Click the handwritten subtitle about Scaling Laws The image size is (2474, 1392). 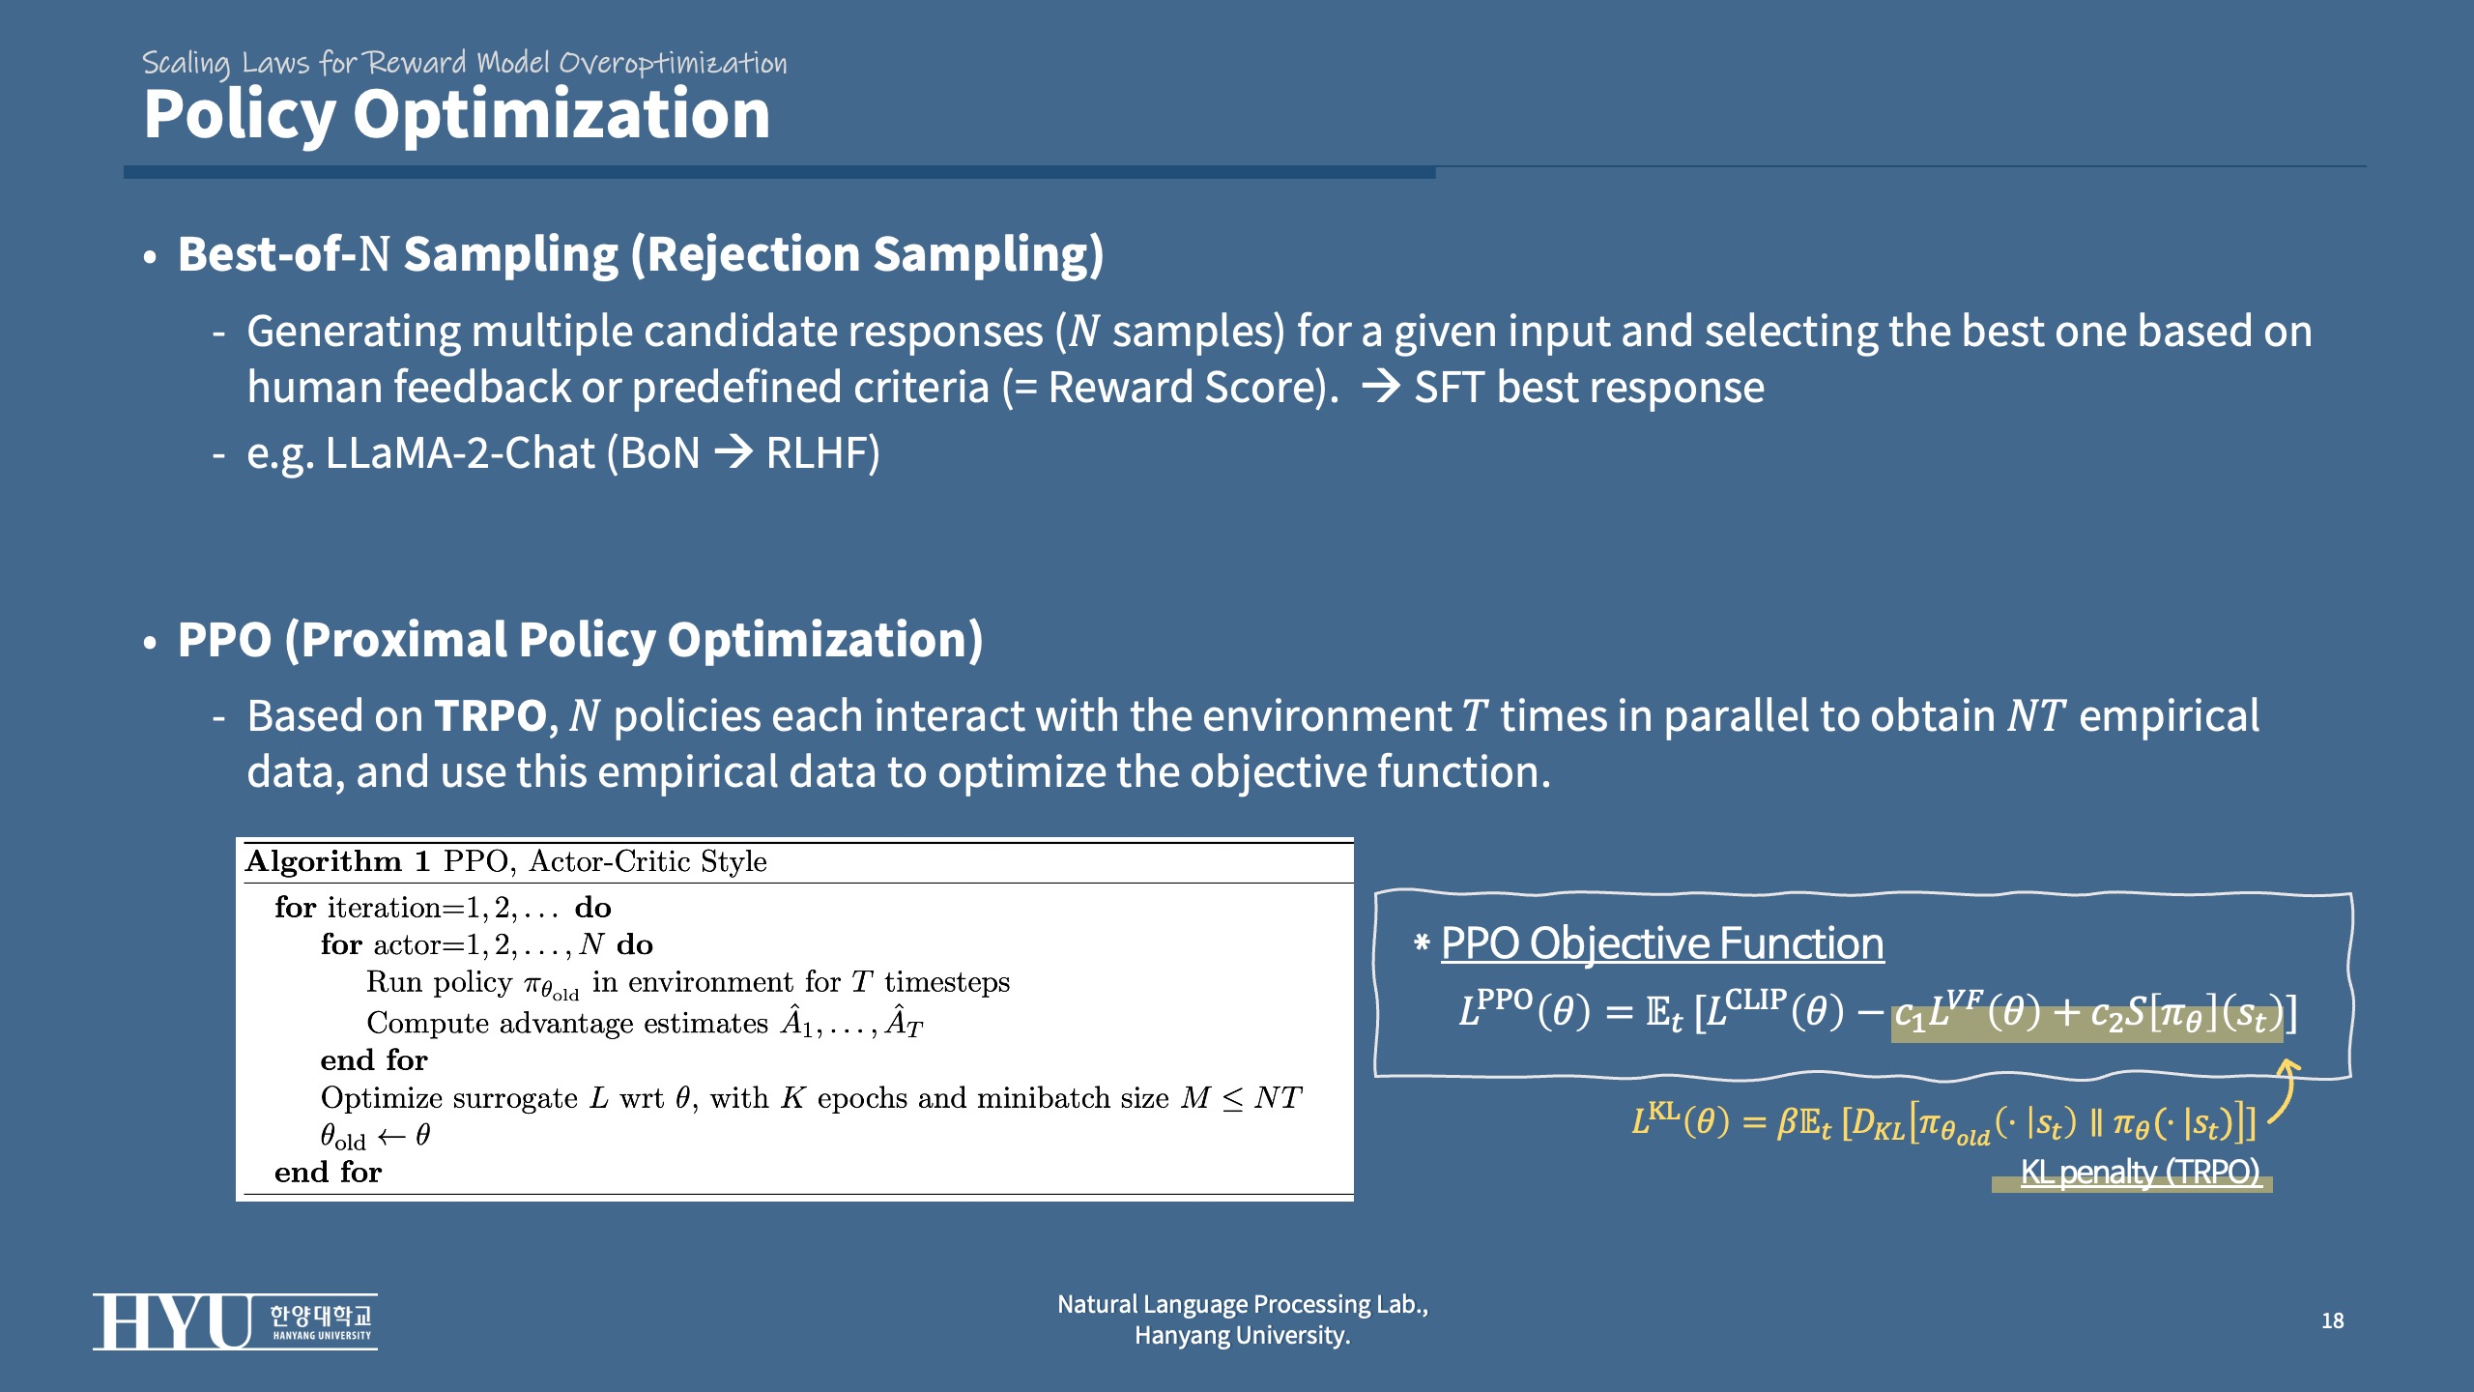(464, 64)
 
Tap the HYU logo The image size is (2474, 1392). (235, 1321)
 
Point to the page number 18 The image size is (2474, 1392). (2332, 1320)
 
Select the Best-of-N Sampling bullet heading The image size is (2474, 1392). (641, 254)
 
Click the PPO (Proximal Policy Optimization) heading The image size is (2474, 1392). (580, 640)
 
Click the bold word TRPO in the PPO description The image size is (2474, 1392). (491, 716)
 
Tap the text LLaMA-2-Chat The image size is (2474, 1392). (460, 452)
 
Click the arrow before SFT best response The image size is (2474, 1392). (1381, 388)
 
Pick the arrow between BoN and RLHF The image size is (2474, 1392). (734, 452)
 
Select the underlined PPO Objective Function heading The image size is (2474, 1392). (1662, 943)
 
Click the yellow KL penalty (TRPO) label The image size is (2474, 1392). (2140, 1172)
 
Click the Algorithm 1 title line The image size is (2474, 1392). (506, 861)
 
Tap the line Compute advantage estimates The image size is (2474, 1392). (645, 1023)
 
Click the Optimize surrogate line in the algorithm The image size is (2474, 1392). (811, 1098)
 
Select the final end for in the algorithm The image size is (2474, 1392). (328, 1173)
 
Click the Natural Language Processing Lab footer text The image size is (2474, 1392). (1243, 1319)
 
